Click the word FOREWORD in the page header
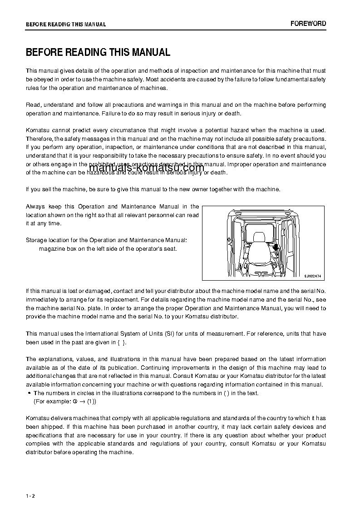(x=308, y=24)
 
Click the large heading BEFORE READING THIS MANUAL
(x=98, y=53)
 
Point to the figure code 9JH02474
(x=312, y=276)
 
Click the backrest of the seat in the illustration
(x=259, y=252)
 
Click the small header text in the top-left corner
(x=66, y=25)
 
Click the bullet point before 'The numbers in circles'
(x=29, y=393)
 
